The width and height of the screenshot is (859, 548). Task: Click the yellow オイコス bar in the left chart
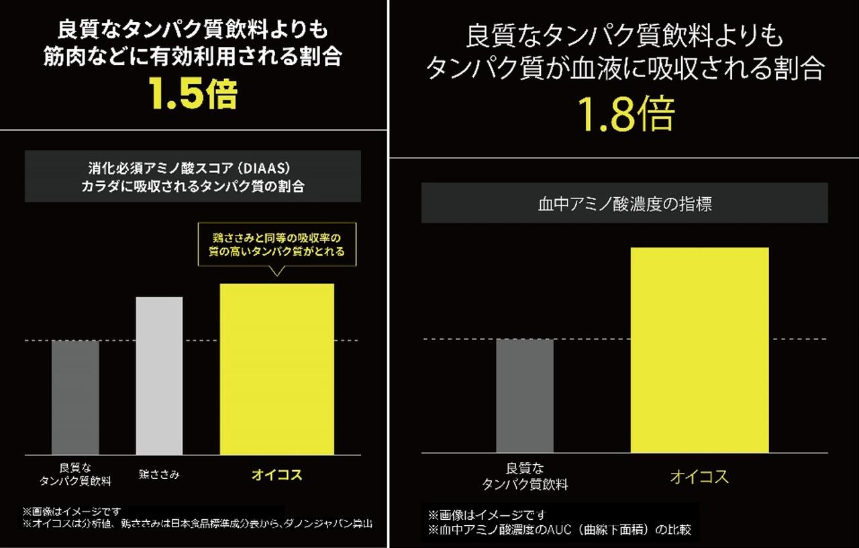pos(276,369)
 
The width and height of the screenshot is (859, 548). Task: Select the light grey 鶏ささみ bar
pos(159,376)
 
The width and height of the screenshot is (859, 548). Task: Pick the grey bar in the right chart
pos(525,396)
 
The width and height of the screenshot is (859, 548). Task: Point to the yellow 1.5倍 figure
pos(193,95)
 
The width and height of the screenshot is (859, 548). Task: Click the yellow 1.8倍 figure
pos(627,115)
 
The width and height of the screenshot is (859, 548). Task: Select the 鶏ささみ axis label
pos(159,474)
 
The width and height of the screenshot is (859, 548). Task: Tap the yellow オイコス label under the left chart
pos(276,475)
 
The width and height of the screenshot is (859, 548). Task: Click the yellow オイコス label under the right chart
pos(699,477)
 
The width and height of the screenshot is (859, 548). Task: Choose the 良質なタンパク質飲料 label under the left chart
pos(75,474)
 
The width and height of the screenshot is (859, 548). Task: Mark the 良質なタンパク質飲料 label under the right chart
pos(525,476)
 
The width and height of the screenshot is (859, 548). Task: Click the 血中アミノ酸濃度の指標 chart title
pos(624,205)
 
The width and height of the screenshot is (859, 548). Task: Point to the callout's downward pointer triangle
pos(276,271)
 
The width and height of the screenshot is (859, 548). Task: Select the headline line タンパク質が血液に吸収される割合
pos(624,69)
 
